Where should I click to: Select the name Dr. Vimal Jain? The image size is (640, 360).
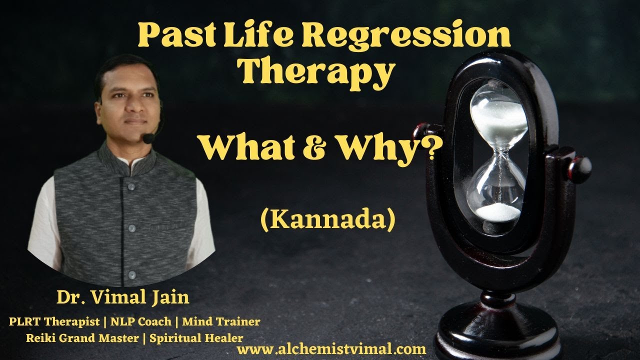123,298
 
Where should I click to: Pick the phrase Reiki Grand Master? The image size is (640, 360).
81,337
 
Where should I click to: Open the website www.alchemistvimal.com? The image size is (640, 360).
331,349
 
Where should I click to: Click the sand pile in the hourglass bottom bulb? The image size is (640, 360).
498,212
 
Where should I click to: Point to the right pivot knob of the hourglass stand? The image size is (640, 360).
582,166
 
